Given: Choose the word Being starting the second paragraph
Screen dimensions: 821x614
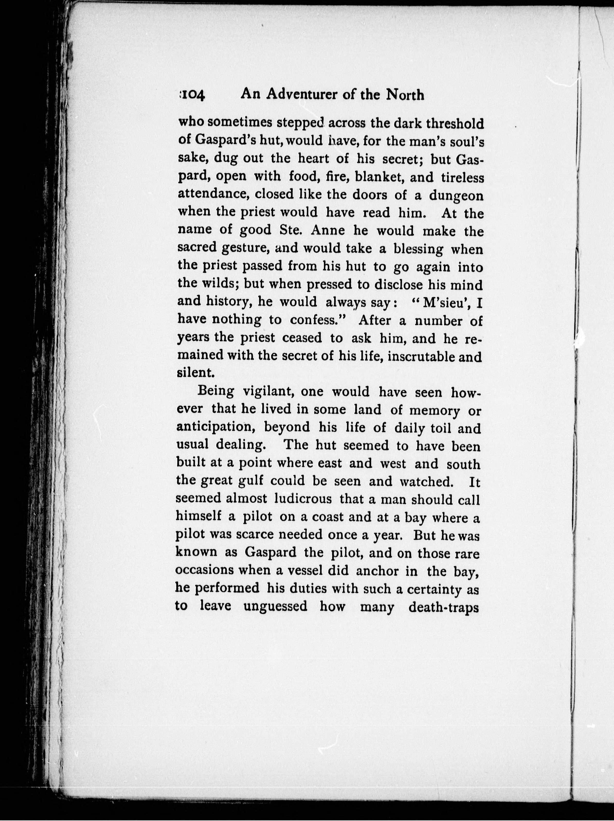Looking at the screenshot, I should point(216,391).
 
